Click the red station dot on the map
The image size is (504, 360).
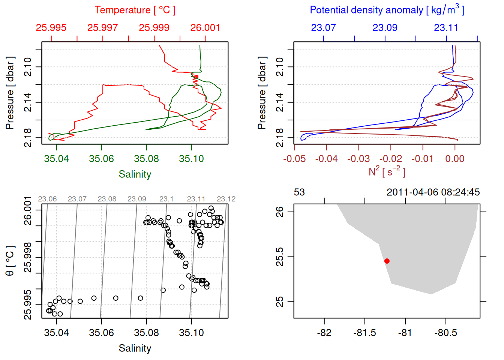pos(387,261)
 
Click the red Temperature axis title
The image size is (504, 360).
pos(135,10)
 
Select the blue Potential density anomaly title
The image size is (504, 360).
pos(387,10)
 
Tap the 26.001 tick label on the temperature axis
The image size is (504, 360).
pos(205,28)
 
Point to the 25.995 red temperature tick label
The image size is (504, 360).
pos(51,28)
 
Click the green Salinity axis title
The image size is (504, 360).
pos(135,174)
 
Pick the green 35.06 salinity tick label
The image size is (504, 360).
pos(101,159)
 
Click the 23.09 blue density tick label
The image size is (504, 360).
pos(385,28)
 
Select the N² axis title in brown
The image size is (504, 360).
pos(387,171)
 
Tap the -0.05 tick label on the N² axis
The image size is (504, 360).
pos(294,159)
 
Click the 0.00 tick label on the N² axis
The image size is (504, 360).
pos(454,159)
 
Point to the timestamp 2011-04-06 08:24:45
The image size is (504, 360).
pos(433,192)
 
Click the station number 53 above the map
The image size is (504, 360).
pos(299,192)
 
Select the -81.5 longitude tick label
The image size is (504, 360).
pos(364,333)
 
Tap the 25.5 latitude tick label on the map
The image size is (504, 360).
pos(280,257)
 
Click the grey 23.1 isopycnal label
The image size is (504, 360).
pos(166,199)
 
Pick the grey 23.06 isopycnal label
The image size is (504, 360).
pos(47,199)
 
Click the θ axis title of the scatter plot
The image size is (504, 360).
pos(10,261)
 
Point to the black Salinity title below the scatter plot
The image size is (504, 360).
pos(135,348)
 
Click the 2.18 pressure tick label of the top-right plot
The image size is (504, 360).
pos(280,138)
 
